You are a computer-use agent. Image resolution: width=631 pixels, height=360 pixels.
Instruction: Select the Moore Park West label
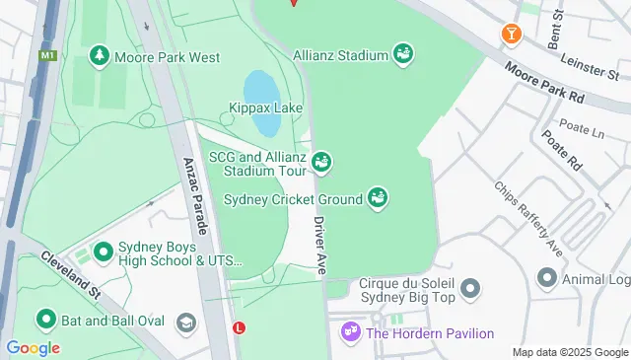point(168,57)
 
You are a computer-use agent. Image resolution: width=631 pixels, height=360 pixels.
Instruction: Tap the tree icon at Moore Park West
point(99,57)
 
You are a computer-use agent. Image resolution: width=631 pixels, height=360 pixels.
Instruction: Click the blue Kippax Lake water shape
point(264,104)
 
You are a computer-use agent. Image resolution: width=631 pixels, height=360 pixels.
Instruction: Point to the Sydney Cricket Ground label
point(293,199)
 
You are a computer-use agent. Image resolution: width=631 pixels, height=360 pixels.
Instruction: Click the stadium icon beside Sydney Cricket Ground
point(377,199)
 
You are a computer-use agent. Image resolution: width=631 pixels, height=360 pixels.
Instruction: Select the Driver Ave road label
point(320,244)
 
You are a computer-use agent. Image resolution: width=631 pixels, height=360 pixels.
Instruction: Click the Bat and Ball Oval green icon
point(45,320)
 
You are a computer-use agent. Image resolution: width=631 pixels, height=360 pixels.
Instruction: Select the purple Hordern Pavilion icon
point(350,333)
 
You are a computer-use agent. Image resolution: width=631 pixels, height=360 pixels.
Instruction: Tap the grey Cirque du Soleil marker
point(470,289)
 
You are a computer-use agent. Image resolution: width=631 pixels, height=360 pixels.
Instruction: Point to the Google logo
point(33,348)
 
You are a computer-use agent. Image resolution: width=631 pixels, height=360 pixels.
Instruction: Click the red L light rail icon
point(238,327)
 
